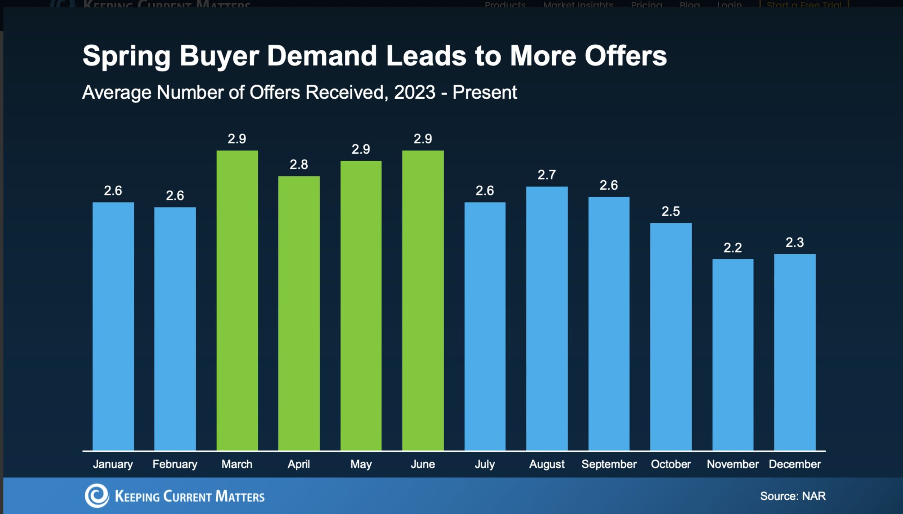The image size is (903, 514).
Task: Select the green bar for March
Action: click(x=237, y=300)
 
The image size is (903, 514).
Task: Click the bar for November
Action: click(x=733, y=354)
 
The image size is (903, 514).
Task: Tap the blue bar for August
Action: click(x=547, y=318)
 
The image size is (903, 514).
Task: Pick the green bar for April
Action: click(x=299, y=313)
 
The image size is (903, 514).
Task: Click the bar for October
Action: click(x=671, y=336)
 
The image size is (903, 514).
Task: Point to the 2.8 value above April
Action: click(x=299, y=165)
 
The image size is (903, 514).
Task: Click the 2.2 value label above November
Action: click(x=733, y=248)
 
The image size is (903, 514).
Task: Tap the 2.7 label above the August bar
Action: click(x=547, y=175)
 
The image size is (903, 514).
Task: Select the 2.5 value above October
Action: click(x=671, y=211)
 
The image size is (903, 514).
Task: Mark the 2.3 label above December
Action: click(x=795, y=242)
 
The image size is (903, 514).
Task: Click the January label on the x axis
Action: click(x=113, y=464)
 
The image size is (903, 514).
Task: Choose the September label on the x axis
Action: click(x=609, y=464)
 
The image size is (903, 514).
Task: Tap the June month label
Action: click(x=423, y=464)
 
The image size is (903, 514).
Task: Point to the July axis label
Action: click(x=485, y=464)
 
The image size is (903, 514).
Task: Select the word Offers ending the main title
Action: click(x=625, y=56)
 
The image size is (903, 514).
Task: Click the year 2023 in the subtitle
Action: click(x=414, y=93)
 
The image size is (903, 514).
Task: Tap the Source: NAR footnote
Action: click(x=793, y=496)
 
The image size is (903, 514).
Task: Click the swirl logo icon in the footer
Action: click(x=97, y=495)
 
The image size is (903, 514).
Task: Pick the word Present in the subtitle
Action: click(x=485, y=93)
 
